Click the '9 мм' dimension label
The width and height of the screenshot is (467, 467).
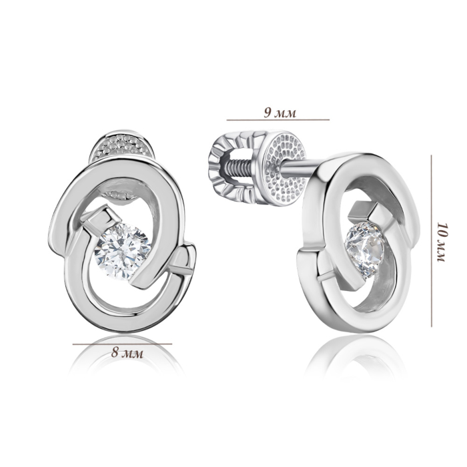[280, 113]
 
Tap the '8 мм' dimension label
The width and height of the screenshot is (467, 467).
[127, 353]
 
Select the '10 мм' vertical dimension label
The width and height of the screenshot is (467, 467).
[442, 242]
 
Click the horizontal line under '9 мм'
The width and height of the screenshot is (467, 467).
[278, 120]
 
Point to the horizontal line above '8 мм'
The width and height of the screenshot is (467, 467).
[122, 344]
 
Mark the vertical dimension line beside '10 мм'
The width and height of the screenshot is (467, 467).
[431, 241]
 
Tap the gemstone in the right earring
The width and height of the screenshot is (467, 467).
[364, 246]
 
